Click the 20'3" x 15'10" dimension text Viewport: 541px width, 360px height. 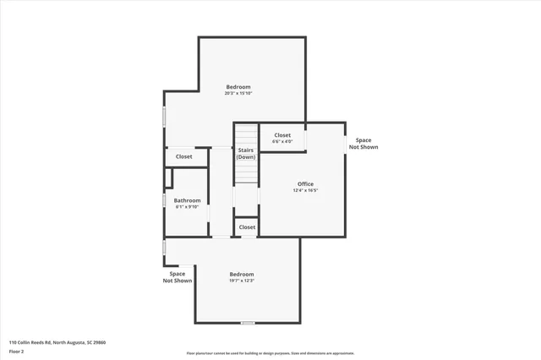[x=238, y=93]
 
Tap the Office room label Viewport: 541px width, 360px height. [x=305, y=184]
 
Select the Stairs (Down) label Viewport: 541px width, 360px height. [x=246, y=154]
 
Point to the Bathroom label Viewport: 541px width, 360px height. [x=187, y=200]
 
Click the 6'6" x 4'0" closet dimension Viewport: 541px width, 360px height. [x=282, y=141]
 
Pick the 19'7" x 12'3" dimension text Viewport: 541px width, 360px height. [x=242, y=281]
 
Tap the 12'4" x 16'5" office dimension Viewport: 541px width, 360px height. [x=305, y=191]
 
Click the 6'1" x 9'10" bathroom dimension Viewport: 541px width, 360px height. [x=187, y=207]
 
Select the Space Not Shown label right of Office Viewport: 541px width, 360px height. [x=363, y=144]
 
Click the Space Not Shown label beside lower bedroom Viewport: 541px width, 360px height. [x=178, y=277]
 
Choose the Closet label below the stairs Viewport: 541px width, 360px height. [x=247, y=227]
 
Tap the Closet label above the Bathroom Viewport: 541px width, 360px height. [x=183, y=156]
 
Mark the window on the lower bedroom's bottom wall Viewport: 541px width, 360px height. [x=247, y=323]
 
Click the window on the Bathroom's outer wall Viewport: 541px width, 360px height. [x=164, y=201]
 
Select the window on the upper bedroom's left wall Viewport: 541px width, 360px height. [x=164, y=117]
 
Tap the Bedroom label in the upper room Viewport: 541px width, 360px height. [x=238, y=86]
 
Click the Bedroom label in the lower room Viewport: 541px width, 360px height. [x=242, y=274]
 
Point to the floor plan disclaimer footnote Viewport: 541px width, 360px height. [x=270, y=353]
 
